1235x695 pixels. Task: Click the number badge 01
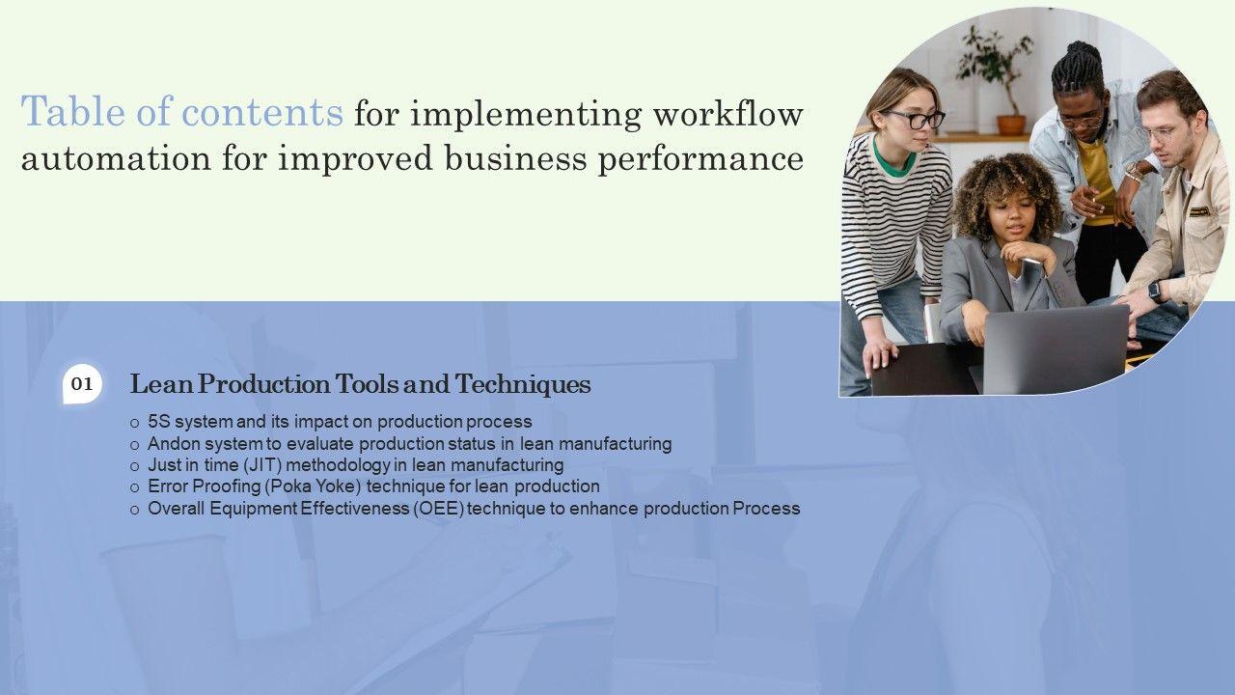tap(82, 384)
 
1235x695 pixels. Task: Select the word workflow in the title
tap(727, 114)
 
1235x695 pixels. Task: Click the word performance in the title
tap(700, 160)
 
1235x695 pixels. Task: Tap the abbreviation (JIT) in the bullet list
tap(262, 465)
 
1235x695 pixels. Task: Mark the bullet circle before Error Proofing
tap(134, 488)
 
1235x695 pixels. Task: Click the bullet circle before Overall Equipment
tap(134, 511)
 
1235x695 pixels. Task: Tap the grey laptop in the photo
tap(1056, 349)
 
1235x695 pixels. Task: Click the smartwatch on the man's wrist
tap(1155, 292)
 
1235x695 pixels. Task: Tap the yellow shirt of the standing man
tap(1097, 182)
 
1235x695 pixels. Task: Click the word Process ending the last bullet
tap(766, 509)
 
